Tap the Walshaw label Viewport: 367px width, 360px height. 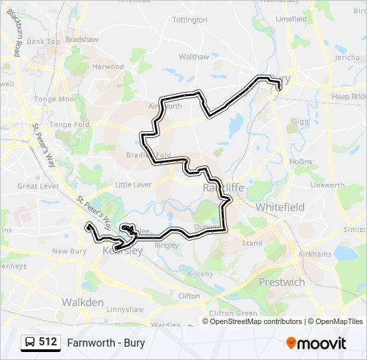coord(194,57)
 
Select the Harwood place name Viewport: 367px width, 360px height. coord(108,67)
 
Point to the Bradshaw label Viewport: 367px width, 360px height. coord(81,39)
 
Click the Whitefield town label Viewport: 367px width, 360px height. coord(280,207)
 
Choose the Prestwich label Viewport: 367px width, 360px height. coord(282,282)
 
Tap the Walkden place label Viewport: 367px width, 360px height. coord(83,302)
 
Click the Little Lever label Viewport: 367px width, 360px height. coord(133,185)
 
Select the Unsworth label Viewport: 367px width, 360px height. coord(328,185)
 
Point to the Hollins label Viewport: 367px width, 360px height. coord(301,162)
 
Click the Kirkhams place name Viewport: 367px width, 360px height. coord(316,255)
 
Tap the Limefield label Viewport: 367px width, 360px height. coord(291,19)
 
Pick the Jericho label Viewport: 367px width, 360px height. coord(347,58)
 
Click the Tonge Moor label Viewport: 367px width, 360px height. coord(55,99)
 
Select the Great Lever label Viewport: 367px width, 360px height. coord(38,187)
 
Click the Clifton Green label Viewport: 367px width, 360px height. coord(234,313)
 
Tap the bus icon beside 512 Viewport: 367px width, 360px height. coord(30,342)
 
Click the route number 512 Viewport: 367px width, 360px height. coord(48,342)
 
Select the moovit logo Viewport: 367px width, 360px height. coord(316,343)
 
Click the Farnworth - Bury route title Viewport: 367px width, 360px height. coord(106,343)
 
